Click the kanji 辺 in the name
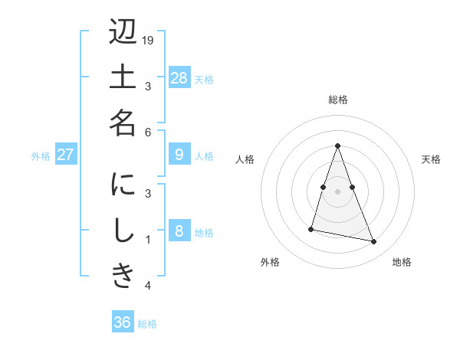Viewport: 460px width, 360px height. click(123, 34)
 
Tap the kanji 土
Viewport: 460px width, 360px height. click(123, 77)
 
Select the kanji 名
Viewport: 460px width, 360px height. click(123, 121)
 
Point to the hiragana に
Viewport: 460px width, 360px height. click(123, 187)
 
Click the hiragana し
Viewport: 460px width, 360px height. click(123, 231)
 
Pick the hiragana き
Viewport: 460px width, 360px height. click(123, 274)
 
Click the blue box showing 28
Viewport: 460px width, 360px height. click(179, 78)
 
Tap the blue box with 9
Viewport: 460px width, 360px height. click(179, 155)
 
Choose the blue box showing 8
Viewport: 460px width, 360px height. click(179, 231)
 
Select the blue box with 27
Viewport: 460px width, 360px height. click(65, 155)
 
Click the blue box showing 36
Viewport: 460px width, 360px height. click(123, 322)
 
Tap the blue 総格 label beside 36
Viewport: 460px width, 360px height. click(147, 324)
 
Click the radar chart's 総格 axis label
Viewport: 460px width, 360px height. click(337, 100)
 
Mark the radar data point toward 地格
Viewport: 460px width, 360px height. click(374, 242)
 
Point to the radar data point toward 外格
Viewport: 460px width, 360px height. click(311, 228)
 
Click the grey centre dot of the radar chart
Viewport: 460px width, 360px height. click(337, 191)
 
